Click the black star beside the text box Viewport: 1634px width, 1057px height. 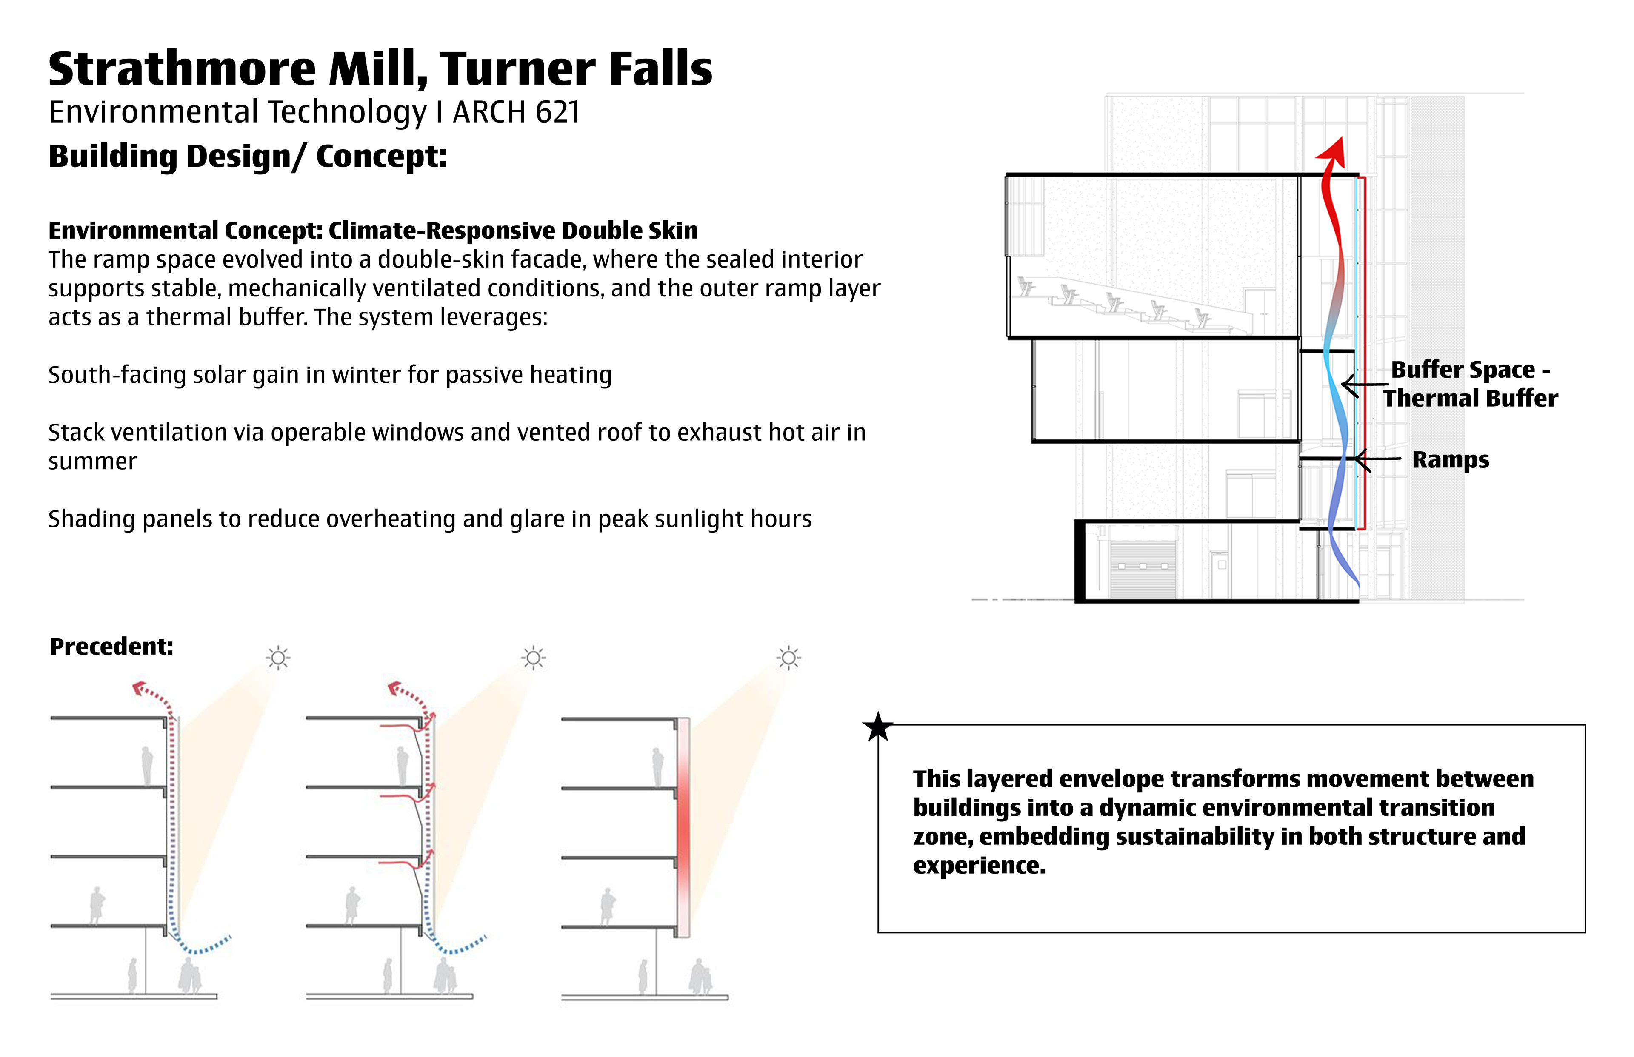878,727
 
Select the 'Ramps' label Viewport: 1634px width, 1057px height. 1450,460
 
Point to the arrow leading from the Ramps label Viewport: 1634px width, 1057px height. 1377,459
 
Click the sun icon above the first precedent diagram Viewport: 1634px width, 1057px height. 278,658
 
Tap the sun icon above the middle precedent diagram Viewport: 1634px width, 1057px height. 534,658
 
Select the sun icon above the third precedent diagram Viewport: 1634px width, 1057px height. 789,658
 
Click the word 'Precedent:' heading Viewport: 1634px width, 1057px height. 111,647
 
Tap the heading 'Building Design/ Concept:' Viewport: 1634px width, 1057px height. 247,157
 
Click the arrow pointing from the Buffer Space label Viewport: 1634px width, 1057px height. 1363,385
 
